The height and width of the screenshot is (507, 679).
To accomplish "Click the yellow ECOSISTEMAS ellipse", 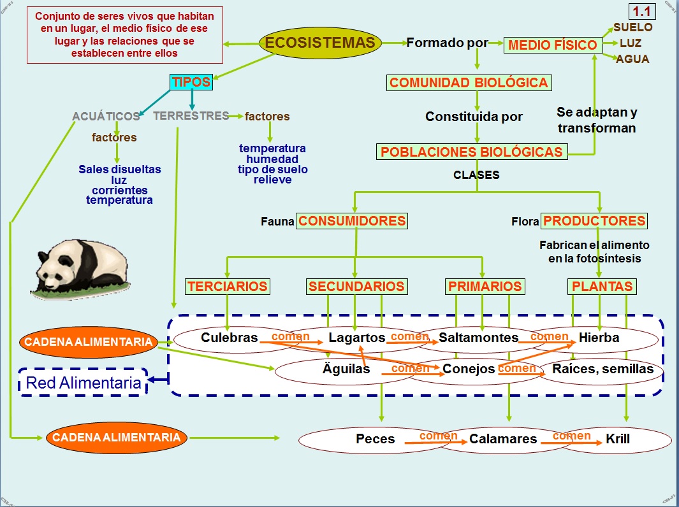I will pos(320,43).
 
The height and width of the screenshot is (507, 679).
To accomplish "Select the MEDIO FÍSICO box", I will pos(553,45).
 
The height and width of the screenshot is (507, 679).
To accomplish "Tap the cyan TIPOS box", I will pos(191,82).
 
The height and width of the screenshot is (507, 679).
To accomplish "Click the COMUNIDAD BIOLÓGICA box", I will pos(469,83).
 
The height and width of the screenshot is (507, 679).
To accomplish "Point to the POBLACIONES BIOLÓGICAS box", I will pos(471,152).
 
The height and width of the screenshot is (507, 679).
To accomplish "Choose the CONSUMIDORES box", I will pos(352,221).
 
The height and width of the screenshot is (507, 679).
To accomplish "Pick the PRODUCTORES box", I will pos(594,221).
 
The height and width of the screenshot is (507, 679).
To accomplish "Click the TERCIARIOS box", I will pos(228,287).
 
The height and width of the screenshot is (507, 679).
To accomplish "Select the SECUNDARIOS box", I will pos(356,287).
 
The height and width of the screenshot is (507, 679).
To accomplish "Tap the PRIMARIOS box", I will pos(485,287).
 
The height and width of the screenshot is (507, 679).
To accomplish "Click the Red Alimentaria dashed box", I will pos(83,383).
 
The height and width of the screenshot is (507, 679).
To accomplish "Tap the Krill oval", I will pos(617,439).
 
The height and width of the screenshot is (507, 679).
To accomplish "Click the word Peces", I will pos(375,439).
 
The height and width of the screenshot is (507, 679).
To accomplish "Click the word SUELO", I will pos(632,27).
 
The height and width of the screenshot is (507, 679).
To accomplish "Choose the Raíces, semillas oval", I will pos(602,369).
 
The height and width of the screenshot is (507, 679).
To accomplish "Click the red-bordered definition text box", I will pos(124,34).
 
